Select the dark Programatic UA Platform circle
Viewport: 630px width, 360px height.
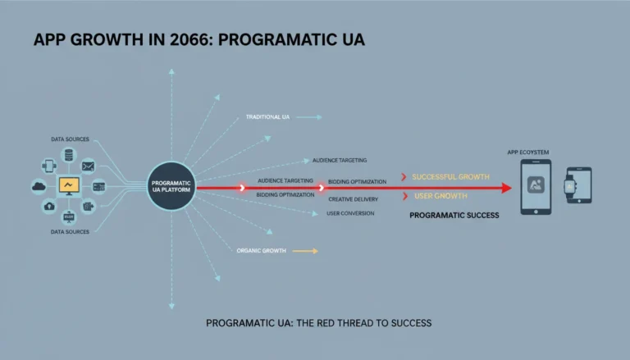tap(171, 186)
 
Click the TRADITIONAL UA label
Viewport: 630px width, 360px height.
tap(267, 117)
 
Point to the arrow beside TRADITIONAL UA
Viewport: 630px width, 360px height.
tap(309, 117)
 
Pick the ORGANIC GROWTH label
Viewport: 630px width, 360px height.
tap(261, 251)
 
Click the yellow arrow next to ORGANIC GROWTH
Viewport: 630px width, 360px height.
tap(305, 251)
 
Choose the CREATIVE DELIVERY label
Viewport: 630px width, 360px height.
tap(354, 199)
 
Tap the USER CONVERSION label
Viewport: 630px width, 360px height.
tap(350, 213)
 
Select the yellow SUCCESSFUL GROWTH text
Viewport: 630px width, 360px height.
tap(451, 177)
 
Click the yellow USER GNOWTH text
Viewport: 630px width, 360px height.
tap(441, 196)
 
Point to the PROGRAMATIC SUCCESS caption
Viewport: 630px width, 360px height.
tap(454, 216)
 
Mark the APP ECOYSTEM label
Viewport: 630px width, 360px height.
tap(528, 153)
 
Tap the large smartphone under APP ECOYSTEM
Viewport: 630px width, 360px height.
tap(536, 187)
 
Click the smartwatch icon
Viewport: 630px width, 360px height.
tap(570, 186)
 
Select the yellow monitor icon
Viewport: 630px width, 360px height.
tap(69, 186)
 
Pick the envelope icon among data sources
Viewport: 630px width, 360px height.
tap(88, 166)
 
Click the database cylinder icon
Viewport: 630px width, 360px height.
tap(69, 155)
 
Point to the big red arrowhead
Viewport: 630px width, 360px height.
tap(506, 188)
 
